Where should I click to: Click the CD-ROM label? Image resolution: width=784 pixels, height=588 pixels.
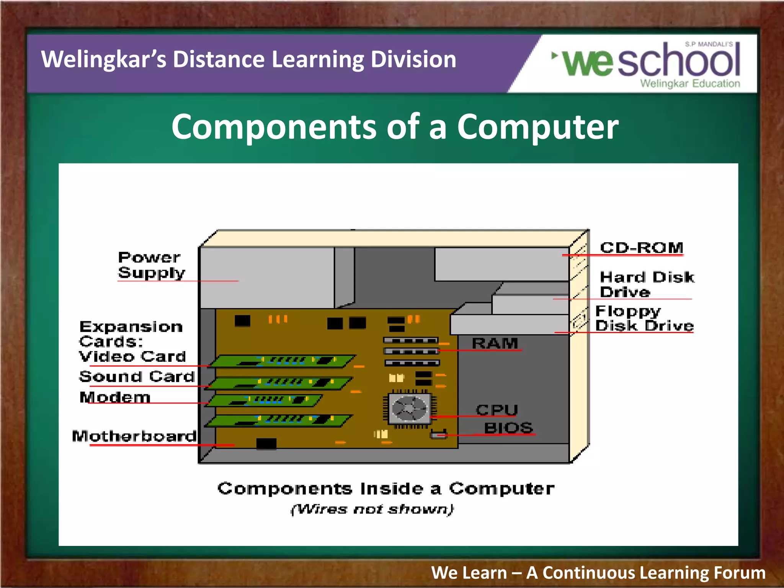click(642, 248)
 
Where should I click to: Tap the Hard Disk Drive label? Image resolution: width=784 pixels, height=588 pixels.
click(647, 284)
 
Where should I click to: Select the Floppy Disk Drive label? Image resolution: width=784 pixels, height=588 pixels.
click(644, 318)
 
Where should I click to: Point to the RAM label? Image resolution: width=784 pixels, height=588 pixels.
click(495, 343)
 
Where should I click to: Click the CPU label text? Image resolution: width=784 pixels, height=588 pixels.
click(497, 410)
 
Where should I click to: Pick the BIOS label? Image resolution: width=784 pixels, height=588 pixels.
click(508, 428)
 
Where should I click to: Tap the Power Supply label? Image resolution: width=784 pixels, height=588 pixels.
click(151, 265)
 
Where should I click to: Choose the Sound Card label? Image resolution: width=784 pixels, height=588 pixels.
click(137, 377)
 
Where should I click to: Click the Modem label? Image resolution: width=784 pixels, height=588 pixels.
click(115, 397)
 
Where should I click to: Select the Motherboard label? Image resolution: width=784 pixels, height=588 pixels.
click(134, 436)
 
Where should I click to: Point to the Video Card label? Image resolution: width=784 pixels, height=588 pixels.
click(132, 356)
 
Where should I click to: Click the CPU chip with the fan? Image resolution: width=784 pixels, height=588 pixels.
click(409, 409)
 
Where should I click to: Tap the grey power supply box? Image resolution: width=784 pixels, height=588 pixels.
click(267, 278)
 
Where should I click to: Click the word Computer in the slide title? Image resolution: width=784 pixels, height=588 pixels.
click(537, 127)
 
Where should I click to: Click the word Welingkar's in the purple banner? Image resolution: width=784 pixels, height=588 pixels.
click(104, 59)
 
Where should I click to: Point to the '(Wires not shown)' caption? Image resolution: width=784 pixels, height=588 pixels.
click(372, 509)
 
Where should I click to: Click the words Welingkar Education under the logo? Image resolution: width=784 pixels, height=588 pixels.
click(690, 83)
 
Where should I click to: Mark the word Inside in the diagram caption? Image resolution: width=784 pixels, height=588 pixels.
click(392, 489)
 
